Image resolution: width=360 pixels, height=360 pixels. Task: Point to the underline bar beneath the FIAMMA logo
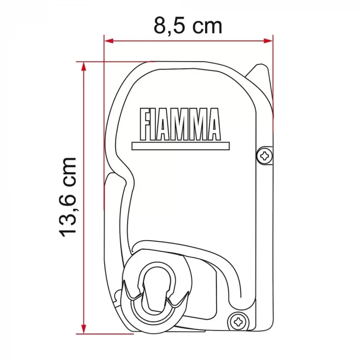(179, 146)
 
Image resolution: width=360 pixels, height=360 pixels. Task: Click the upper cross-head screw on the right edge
(265, 155)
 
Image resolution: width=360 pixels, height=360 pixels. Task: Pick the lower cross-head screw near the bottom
(238, 322)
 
